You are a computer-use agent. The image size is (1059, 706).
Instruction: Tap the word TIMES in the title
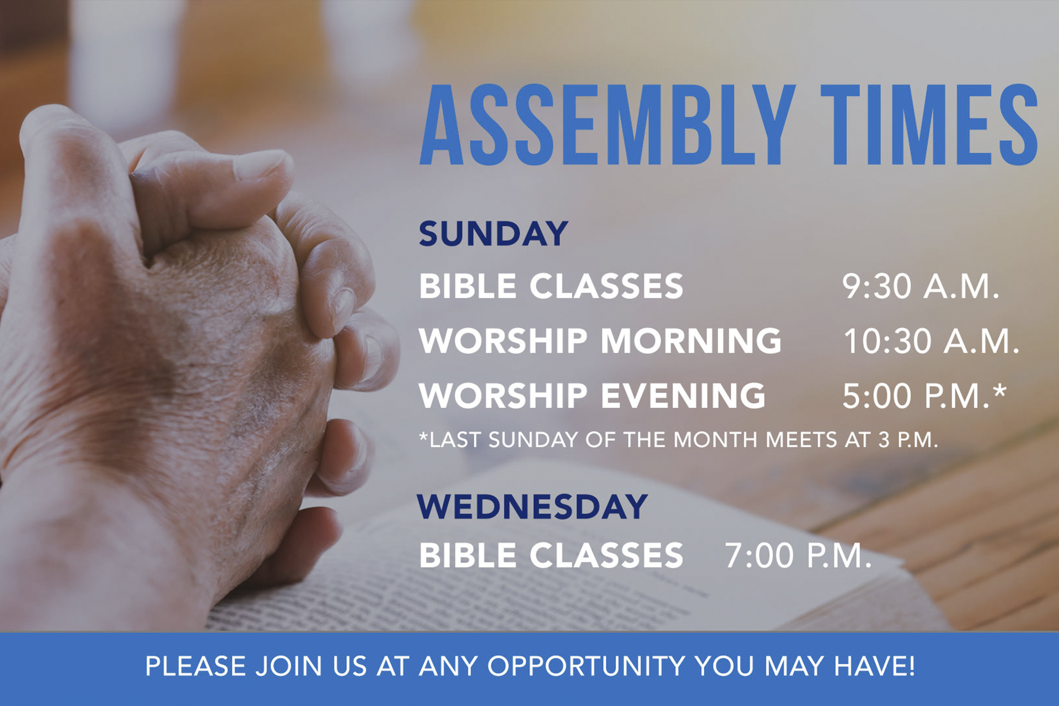929,125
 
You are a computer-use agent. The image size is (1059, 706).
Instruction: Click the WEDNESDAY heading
532,507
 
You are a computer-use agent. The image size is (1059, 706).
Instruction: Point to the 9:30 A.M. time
920,286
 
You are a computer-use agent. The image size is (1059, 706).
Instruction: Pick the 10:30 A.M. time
931,341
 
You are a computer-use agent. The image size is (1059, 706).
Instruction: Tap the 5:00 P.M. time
916,396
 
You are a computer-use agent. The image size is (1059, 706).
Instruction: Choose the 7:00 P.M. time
798,555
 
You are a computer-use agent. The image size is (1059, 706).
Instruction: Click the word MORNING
691,341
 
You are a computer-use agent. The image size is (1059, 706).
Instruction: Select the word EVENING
683,396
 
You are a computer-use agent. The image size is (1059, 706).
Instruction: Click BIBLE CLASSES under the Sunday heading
551,286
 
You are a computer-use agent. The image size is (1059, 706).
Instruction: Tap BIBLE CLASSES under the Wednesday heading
551,555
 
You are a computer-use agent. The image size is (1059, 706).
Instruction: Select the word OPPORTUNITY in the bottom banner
586,666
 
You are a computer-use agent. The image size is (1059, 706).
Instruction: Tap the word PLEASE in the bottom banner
195,666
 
